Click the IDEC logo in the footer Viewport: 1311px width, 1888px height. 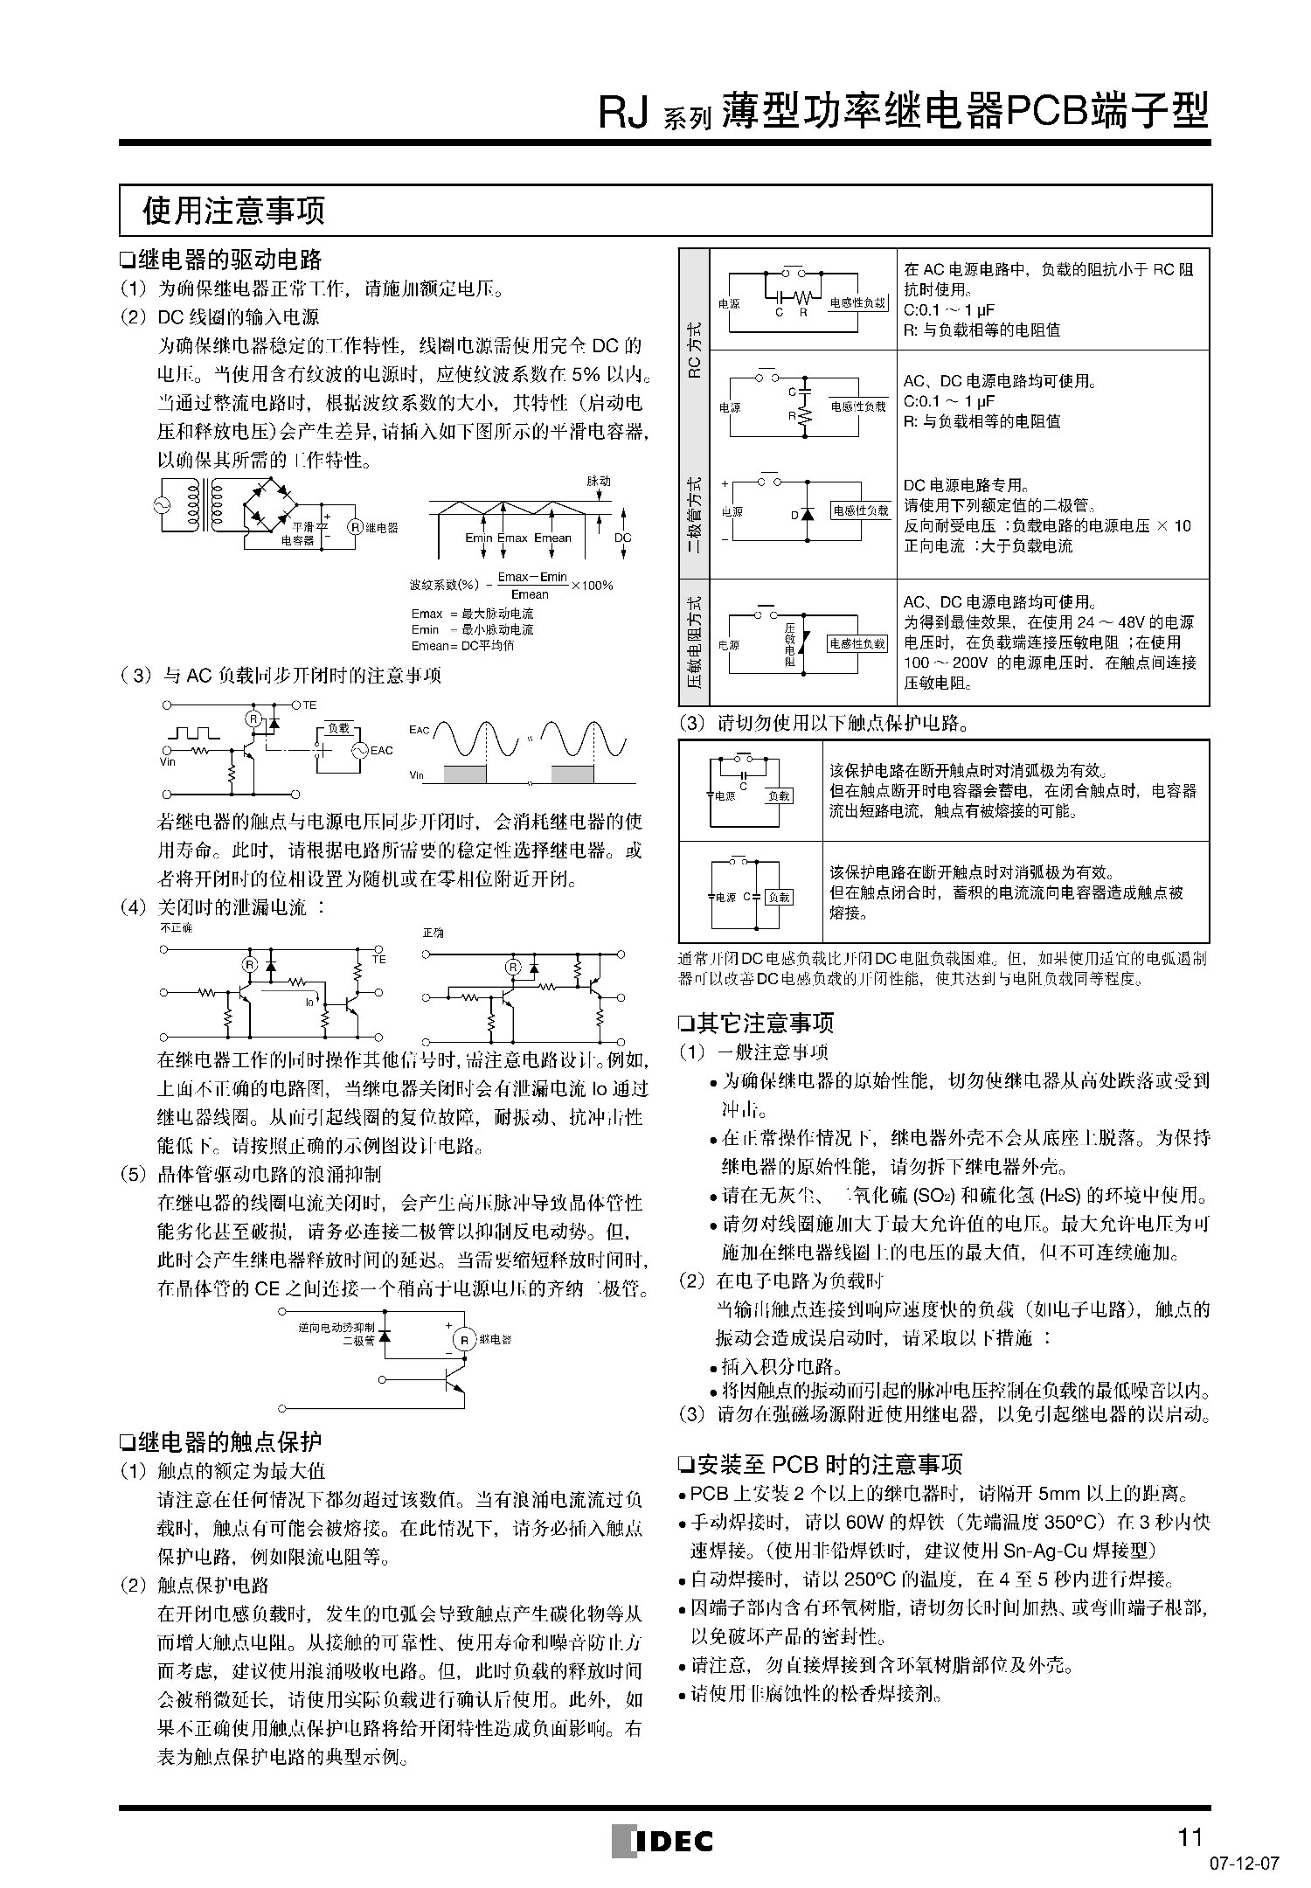pyautogui.click(x=662, y=1840)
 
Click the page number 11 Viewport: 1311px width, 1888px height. pyautogui.click(x=1190, y=1836)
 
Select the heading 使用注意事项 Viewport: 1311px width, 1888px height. pyautogui.click(x=233, y=210)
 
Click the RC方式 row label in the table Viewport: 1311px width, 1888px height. pyautogui.click(x=695, y=350)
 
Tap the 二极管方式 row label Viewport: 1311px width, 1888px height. pyautogui.click(x=695, y=515)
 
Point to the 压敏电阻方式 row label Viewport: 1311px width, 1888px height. pyautogui.click(x=695, y=642)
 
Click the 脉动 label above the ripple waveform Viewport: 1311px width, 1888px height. pyautogui.click(x=599, y=482)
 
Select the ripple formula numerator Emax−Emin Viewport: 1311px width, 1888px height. pyautogui.click(x=531, y=577)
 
